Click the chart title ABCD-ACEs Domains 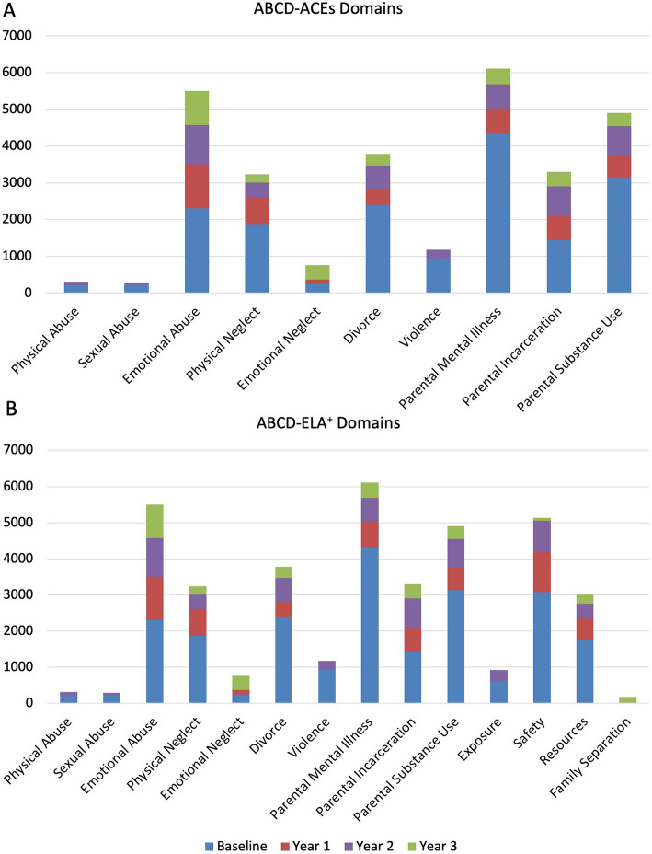[x=328, y=8]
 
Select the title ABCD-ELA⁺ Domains [x=328, y=422]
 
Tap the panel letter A [x=9, y=10]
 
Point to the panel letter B [x=11, y=409]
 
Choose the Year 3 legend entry [x=432, y=846]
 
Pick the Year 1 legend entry [x=305, y=846]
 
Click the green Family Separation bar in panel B [x=627, y=700]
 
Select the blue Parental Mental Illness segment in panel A [x=498, y=213]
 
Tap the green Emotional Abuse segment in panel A [x=197, y=108]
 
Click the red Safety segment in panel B [x=542, y=571]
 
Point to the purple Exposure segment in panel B [x=498, y=675]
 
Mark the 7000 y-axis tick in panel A [x=17, y=36]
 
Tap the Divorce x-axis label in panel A [x=362, y=326]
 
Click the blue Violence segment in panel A [x=438, y=275]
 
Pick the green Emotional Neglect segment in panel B [x=241, y=683]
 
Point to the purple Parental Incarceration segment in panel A [x=559, y=202]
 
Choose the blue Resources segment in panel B [x=585, y=671]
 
